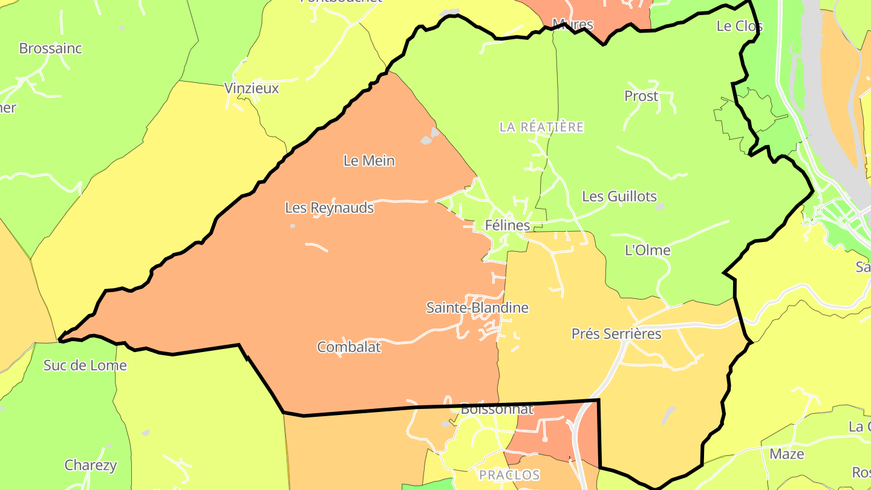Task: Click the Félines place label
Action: click(x=507, y=226)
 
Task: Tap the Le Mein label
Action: click(x=369, y=161)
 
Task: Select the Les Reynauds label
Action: click(x=329, y=208)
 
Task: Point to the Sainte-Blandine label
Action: click(x=477, y=308)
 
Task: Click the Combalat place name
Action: click(x=349, y=347)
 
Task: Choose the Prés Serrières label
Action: click(x=616, y=334)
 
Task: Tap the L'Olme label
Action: click(x=647, y=250)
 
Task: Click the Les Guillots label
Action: click(x=619, y=197)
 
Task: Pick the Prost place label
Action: click(x=641, y=96)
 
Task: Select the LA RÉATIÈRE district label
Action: click(x=541, y=127)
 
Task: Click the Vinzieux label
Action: click(x=252, y=88)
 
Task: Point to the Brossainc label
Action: click(x=50, y=48)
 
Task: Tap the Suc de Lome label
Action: click(x=85, y=365)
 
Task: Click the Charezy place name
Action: click(x=91, y=466)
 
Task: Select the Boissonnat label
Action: click(x=497, y=410)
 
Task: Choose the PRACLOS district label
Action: click(x=509, y=475)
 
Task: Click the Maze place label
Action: click(x=786, y=454)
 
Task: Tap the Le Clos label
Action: click(x=739, y=26)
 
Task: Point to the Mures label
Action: click(x=572, y=25)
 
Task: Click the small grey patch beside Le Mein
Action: click(x=429, y=137)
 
